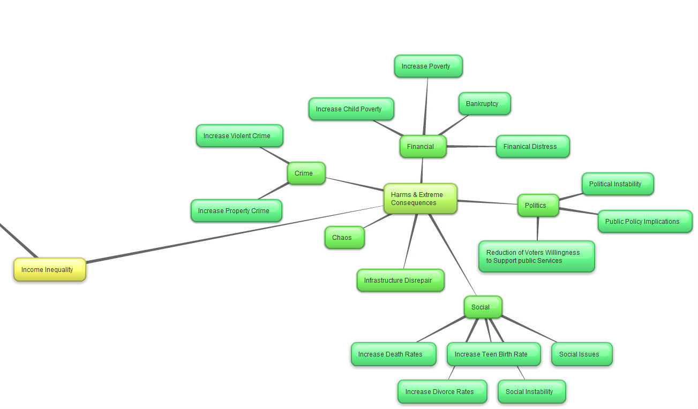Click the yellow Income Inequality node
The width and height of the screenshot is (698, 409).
tap(50, 270)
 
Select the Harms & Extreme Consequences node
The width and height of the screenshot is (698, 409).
tap(420, 199)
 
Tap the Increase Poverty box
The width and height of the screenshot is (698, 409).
tap(428, 66)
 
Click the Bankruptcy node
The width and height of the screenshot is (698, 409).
tap(484, 104)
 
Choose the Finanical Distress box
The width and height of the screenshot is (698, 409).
tap(532, 147)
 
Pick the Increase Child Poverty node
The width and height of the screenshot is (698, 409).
tap(351, 109)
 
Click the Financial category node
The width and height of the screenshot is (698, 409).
tap(423, 147)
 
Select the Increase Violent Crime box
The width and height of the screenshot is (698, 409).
tap(239, 136)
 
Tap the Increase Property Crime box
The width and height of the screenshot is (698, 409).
tap(236, 211)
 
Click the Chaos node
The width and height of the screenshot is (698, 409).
tap(344, 238)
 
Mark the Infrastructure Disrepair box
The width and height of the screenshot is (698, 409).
tap(400, 281)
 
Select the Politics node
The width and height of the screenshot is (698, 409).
tap(537, 206)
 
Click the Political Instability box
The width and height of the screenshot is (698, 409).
tap(617, 184)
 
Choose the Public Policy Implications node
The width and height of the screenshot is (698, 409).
tap(644, 222)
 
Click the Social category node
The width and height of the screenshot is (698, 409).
tap(483, 307)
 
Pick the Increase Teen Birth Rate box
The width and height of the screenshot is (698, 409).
tap(493, 354)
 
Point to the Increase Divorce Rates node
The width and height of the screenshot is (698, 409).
tap(442, 392)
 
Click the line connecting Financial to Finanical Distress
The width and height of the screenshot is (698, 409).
tap(471, 146)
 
